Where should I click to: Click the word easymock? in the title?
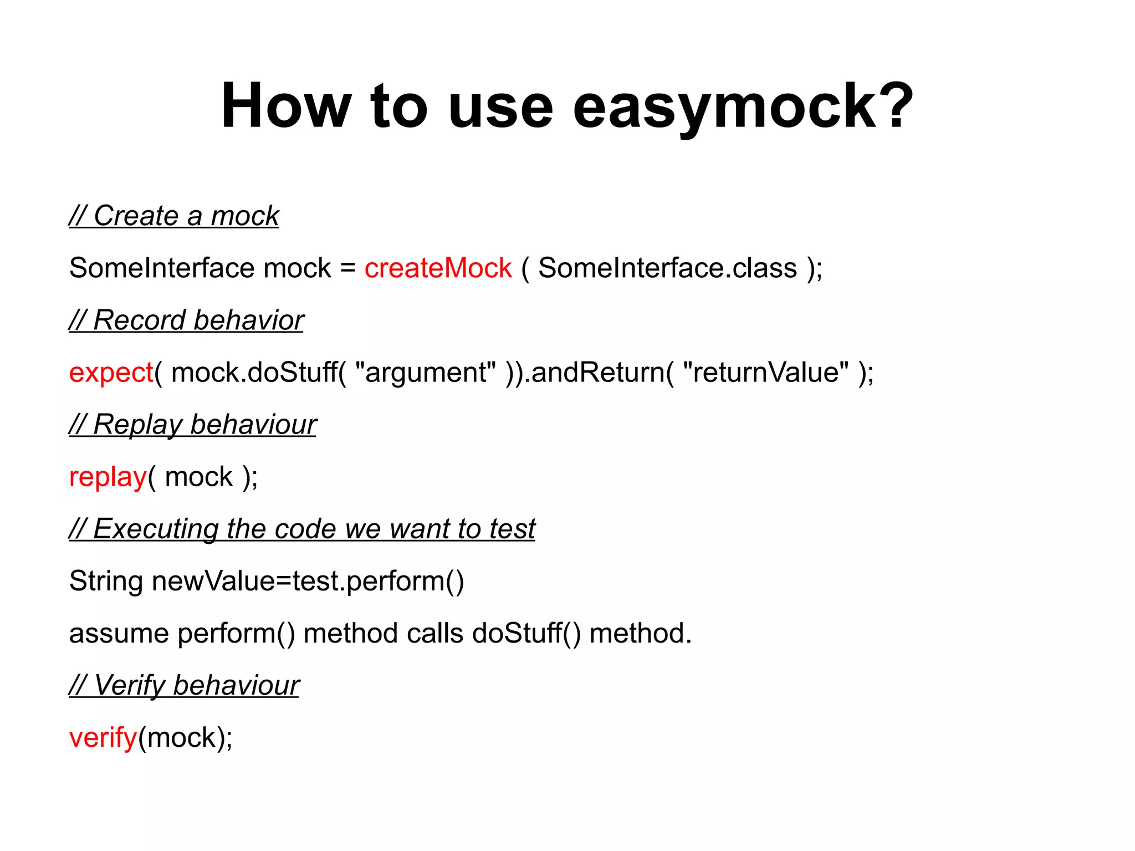coord(743,106)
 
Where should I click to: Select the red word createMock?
coord(438,268)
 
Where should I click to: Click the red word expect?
coord(111,373)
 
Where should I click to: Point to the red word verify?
coord(103,738)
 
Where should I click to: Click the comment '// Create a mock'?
coord(174,216)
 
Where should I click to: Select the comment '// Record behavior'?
coord(187,320)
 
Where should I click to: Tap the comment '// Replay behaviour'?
coord(193,425)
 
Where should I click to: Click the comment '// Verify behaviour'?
coord(184,685)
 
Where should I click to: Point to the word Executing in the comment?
coord(156,529)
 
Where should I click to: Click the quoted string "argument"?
coord(426,373)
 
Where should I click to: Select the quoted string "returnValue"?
coord(765,373)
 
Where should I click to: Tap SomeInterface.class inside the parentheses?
coord(667,268)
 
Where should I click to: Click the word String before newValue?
coord(106,582)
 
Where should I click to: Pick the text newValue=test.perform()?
coord(308,582)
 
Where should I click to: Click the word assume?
coord(119,634)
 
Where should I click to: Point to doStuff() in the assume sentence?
coord(526,634)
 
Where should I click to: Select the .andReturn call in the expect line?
coord(596,373)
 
